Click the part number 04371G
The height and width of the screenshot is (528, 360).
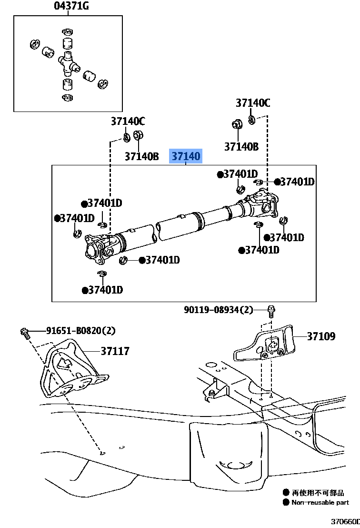tap(71, 6)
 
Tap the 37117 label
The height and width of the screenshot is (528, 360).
tap(115, 351)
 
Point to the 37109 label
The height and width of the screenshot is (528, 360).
tap(321, 336)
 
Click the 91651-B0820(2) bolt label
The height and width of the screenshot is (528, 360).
tap(80, 331)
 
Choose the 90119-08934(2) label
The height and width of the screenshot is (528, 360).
tap(219, 310)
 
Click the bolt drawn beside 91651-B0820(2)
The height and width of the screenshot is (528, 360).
tap(25, 332)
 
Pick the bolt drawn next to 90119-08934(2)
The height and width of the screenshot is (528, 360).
tap(270, 311)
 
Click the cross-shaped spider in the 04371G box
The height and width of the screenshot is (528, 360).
tap(68, 62)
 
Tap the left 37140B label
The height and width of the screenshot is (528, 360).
tap(141, 156)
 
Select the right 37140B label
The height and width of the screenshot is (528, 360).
tap(241, 146)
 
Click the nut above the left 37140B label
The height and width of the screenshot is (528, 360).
tap(139, 136)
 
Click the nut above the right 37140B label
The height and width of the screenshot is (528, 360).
tap(237, 125)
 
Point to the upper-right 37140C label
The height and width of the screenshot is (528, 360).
tap(253, 102)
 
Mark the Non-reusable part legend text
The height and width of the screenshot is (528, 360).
tap(320, 502)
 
